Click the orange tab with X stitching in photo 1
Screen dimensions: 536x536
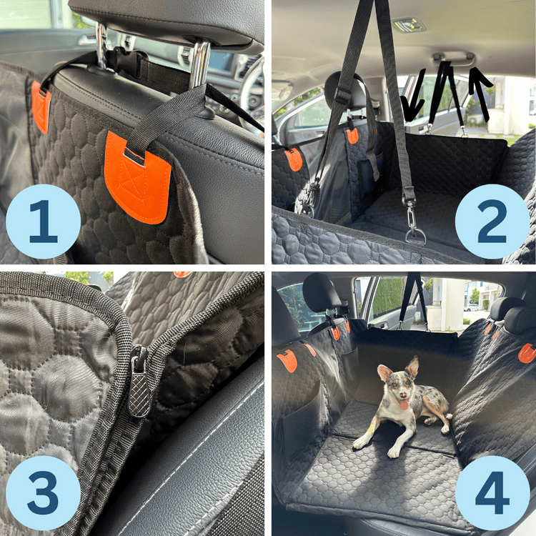tap(138, 175)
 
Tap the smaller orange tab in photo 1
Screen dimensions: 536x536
tap(41, 107)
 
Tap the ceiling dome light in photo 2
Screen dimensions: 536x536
tap(409, 24)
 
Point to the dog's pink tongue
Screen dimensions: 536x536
tap(404, 405)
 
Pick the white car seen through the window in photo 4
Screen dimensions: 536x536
tap(472, 307)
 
